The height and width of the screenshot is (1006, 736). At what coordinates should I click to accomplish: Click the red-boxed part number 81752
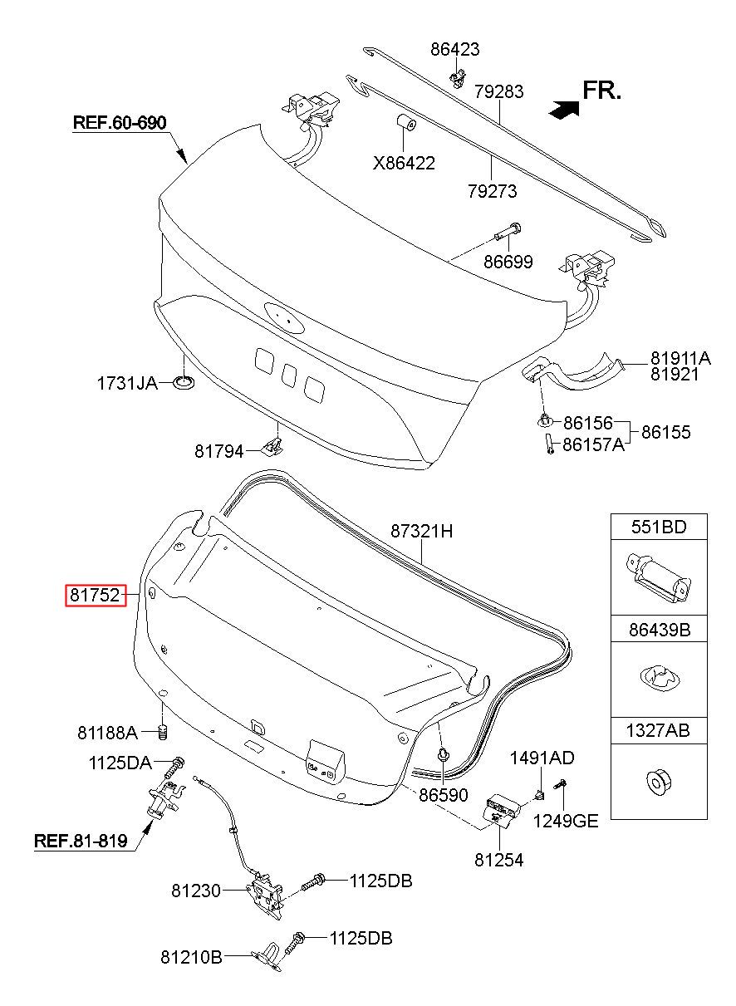(x=96, y=595)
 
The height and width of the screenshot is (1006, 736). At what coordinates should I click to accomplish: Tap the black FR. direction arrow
(x=564, y=109)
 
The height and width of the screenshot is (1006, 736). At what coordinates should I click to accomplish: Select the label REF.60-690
(x=120, y=123)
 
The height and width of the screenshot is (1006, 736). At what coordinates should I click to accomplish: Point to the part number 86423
(x=455, y=49)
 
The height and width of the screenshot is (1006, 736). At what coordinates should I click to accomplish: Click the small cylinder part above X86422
(x=405, y=123)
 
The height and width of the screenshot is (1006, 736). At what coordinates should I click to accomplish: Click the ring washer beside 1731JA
(x=184, y=383)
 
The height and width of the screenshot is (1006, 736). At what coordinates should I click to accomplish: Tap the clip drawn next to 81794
(x=272, y=445)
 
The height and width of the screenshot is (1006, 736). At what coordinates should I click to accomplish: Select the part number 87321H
(x=422, y=532)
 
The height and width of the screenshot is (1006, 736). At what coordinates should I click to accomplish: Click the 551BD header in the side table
(x=659, y=527)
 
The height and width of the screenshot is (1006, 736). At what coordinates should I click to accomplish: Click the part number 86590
(x=444, y=795)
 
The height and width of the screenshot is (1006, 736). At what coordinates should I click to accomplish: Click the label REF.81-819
(x=81, y=841)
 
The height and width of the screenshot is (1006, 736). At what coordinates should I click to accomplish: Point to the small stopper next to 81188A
(x=164, y=733)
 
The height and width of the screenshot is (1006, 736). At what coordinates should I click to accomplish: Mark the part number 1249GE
(x=566, y=822)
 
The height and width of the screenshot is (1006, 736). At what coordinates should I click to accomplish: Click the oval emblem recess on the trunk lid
(x=284, y=317)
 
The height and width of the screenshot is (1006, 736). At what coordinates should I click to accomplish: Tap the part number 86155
(x=666, y=432)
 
